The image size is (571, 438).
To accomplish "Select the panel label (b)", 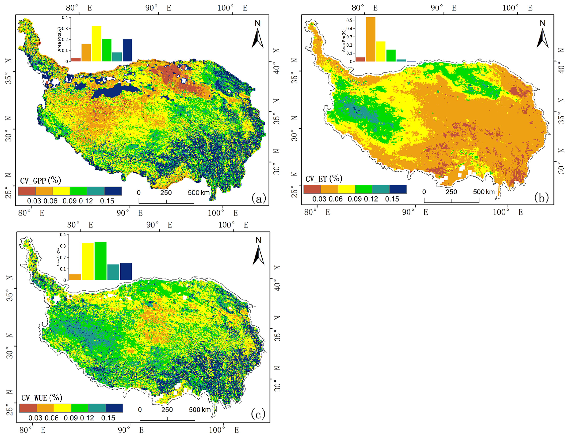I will coord(541,198).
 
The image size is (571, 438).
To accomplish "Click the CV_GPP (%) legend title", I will coord(40,180).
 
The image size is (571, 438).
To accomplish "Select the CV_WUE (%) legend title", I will coord(42,398).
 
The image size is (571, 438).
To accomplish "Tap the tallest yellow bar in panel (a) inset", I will coord(96,44).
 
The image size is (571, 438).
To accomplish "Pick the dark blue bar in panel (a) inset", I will coord(127,50).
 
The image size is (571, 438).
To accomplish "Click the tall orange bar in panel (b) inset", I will coord(370,39).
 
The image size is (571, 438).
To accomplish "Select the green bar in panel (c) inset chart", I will coord(100,261).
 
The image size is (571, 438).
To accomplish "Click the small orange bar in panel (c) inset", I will coord(75,277).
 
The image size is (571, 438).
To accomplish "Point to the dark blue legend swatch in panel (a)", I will coord(113,191).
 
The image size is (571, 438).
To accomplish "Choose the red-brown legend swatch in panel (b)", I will coord(312,189).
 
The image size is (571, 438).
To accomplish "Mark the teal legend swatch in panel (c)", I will coord(97,408).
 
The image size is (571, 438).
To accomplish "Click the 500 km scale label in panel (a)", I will coord(199,193).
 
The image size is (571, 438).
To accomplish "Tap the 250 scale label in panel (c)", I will coord(167,410).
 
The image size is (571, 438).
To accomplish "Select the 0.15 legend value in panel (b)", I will coord(392,199).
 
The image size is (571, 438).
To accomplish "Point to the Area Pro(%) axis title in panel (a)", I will coord(59,39).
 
